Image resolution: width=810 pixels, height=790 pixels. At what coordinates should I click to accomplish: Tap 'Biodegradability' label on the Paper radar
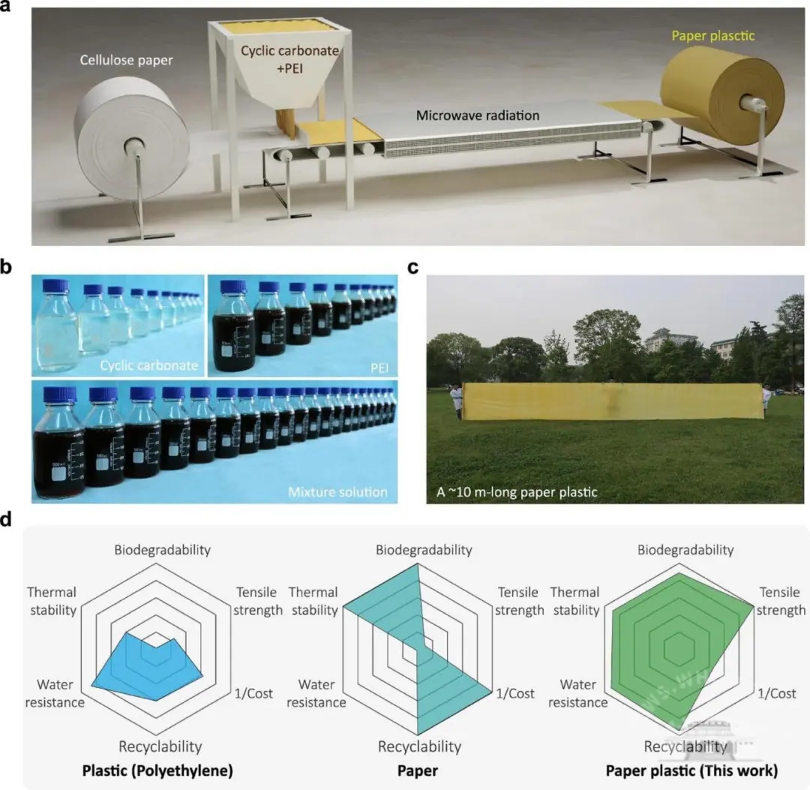click(424, 550)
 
